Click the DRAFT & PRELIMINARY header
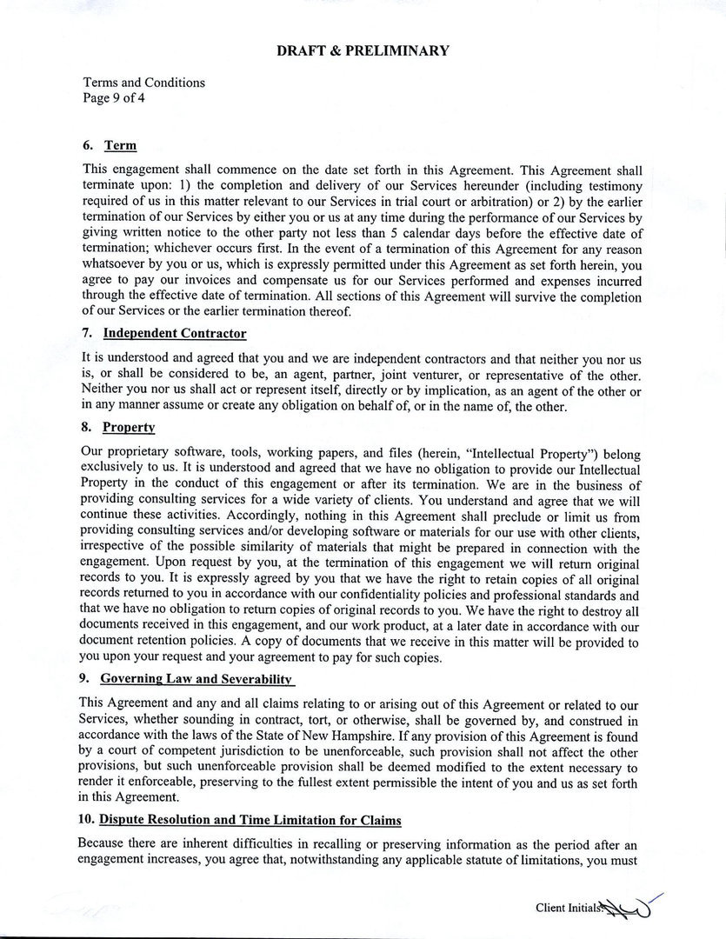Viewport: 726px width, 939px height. pyautogui.click(x=363, y=50)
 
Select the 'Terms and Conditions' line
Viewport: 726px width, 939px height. pyautogui.click(x=143, y=83)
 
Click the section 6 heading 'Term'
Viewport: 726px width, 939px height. pyautogui.click(x=120, y=145)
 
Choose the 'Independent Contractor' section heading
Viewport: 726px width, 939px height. pyautogui.click(x=174, y=333)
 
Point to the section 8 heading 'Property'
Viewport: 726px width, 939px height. pyautogui.click(x=128, y=428)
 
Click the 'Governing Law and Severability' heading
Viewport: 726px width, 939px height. pyautogui.click(x=196, y=678)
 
